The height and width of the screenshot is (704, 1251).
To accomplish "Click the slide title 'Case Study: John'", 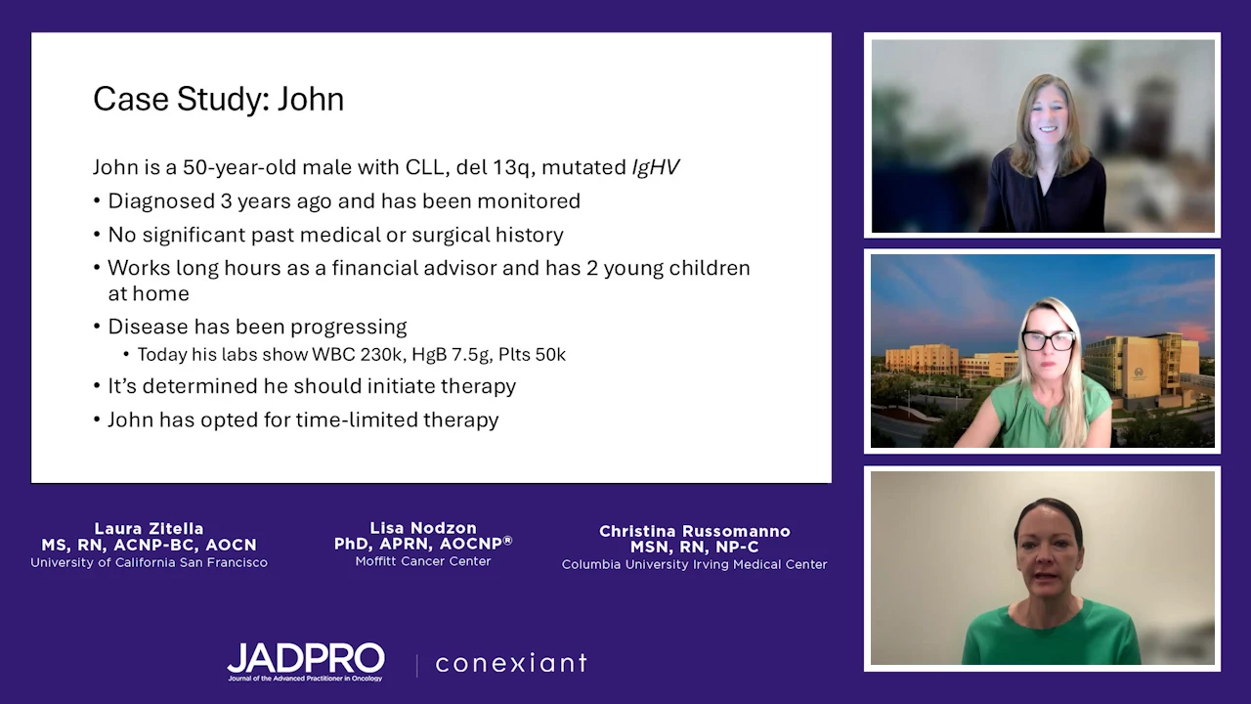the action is click(x=218, y=100).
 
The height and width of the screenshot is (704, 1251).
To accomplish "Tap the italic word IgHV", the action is click(x=656, y=167).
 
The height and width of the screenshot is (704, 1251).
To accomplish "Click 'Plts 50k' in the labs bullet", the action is click(x=533, y=354).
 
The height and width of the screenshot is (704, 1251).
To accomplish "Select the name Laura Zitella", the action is click(x=150, y=528).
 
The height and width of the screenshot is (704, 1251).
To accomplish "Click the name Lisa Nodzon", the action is click(x=423, y=527).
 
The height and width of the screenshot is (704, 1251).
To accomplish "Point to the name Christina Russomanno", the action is click(x=695, y=531).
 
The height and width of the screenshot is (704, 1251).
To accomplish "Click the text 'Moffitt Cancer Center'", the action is click(x=423, y=561).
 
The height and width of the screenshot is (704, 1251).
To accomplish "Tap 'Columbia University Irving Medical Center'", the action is click(x=694, y=564).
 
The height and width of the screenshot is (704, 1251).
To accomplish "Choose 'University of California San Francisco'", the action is click(x=150, y=562).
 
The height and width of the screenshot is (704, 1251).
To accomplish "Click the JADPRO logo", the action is click(x=306, y=662).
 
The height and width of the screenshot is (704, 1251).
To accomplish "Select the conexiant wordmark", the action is click(x=511, y=663).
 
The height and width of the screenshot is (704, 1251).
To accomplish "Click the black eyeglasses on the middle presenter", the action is click(x=1049, y=339).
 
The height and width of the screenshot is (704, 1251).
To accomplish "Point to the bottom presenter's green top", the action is click(x=1051, y=635).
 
